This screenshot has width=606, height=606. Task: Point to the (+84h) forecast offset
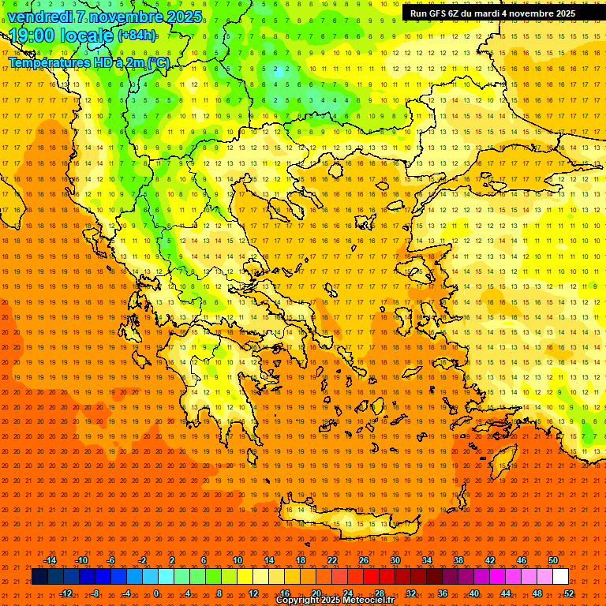tap(137, 36)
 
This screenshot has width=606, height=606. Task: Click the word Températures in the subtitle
tap(47, 62)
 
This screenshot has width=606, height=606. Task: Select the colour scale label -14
tap(50, 560)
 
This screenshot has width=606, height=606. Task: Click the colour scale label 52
tap(569, 593)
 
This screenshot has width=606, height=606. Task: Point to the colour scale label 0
tap(155, 593)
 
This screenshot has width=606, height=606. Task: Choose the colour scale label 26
tap(364, 560)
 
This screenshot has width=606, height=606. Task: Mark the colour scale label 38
tap(458, 560)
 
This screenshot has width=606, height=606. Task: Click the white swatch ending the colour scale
tap(560, 577)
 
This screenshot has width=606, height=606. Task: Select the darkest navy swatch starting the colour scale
tap(39, 577)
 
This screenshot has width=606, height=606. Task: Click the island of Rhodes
tap(502, 459)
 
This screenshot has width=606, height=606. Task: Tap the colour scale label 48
tap(537, 593)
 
